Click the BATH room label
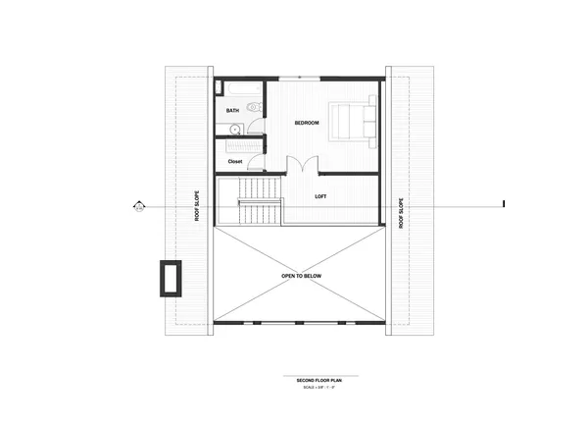[232, 111]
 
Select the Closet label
[235, 161]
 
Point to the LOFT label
[320, 196]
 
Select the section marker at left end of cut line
[139, 206]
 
